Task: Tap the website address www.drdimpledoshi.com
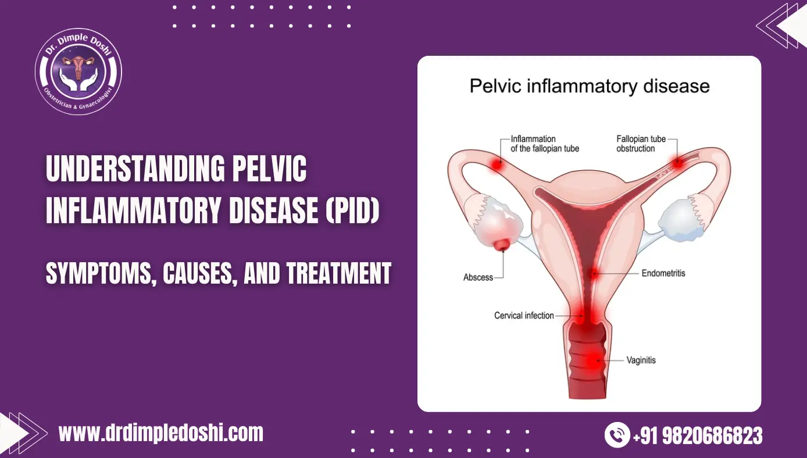click(x=161, y=433)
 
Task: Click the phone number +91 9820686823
click(x=697, y=435)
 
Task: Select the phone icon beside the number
click(x=617, y=435)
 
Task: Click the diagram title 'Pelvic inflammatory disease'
click(x=589, y=87)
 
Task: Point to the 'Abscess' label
click(x=478, y=277)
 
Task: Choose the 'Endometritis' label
click(x=663, y=273)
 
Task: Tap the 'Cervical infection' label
click(x=524, y=316)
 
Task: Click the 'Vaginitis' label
click(x=641, y=360)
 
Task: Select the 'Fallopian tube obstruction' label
click(x=640, y=144)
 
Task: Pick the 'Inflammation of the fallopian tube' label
click(x=544, y=144)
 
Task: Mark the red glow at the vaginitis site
click(x=592, y=360)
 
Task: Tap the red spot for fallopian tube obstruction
click(x=677, y=163)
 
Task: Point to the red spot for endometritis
click(x=594, y=273)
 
